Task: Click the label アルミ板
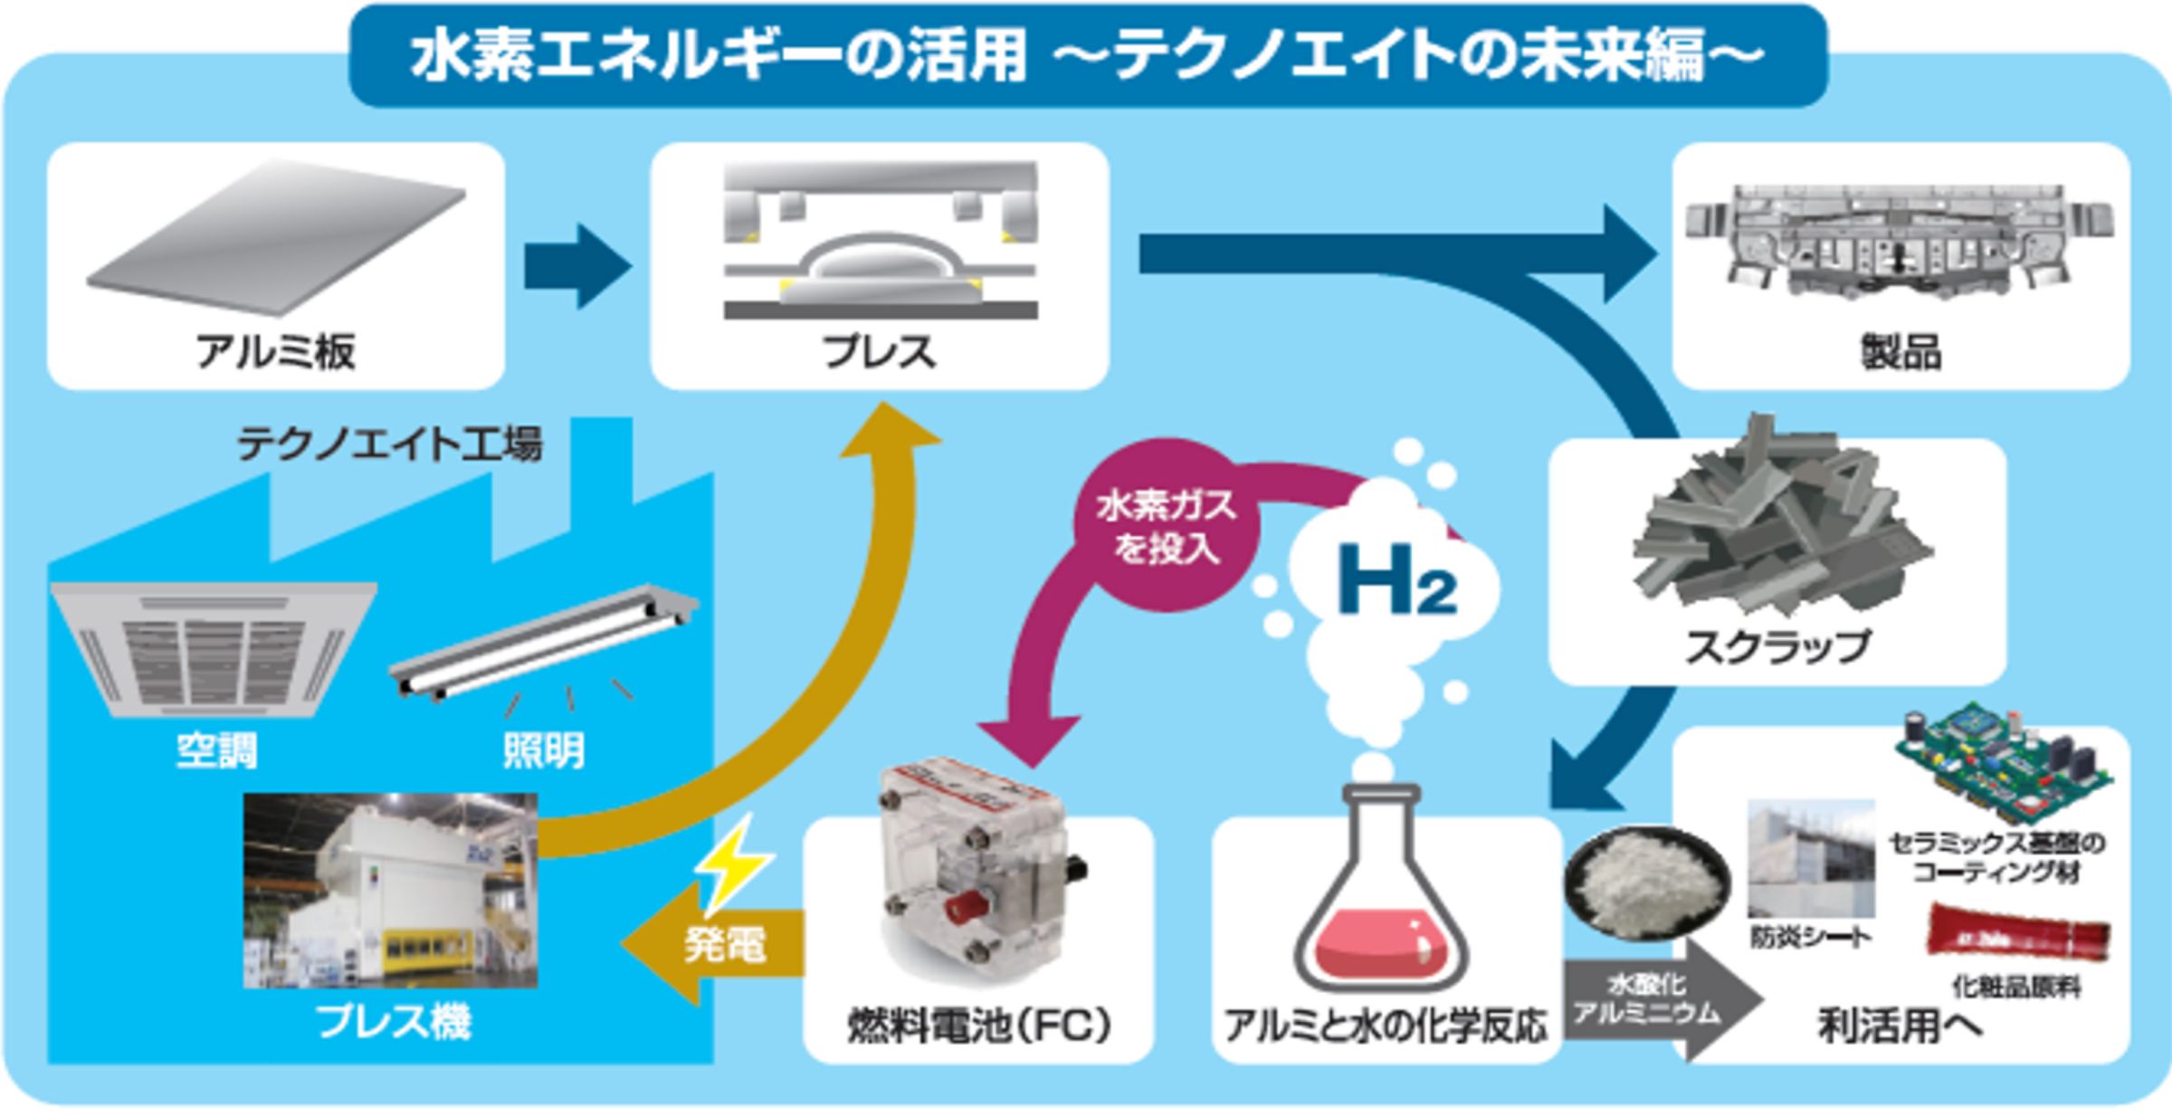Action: click(275, 351)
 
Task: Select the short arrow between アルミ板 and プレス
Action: click(576, 266)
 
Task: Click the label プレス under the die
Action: click(878, 351)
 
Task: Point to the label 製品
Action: click(1900, 352)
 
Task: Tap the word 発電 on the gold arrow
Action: click(724, 945)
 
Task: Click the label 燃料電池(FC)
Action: click(979, 1025)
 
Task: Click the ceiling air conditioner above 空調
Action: click(214, 647)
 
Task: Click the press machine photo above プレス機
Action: click(391, 891)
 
